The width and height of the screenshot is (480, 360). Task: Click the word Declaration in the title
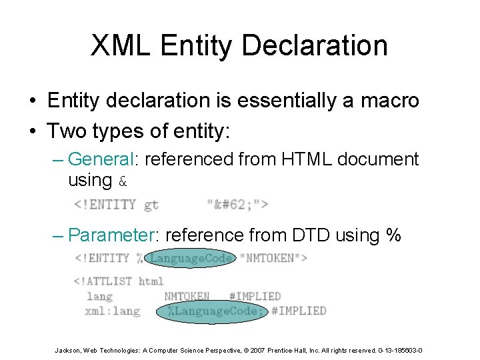pos(314,45)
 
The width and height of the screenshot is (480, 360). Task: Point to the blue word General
pos(102,159)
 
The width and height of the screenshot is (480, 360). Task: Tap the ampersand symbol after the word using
pos(122,181)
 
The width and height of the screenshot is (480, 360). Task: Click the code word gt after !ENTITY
pos(151,205)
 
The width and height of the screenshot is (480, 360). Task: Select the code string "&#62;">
pos(237,205)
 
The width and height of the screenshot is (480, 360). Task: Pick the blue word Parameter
pos(114,235)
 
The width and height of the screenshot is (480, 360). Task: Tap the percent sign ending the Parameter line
pos(393,235)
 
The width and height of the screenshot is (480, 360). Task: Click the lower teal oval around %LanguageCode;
pos(211,311)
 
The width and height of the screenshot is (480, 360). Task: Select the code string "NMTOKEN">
pos(273,258)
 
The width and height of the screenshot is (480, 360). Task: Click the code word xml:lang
pos(113,311)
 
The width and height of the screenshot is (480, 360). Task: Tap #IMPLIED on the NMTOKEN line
pos(255,296)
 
